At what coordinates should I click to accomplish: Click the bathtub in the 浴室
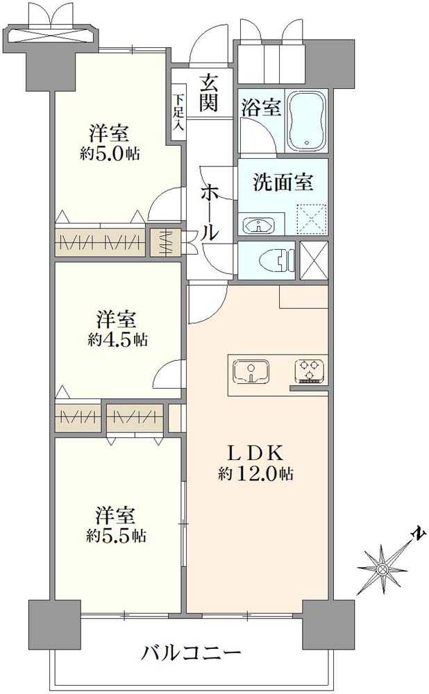(x=306, y=120)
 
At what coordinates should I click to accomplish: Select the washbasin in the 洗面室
(x=259, y=224)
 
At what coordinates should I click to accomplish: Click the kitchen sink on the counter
(x=251, y=371)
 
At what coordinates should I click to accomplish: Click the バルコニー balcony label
(x=192, y=653)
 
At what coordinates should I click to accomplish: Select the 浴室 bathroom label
(x=261, y=108)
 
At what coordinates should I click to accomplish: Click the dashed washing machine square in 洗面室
(x=311, y=218)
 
